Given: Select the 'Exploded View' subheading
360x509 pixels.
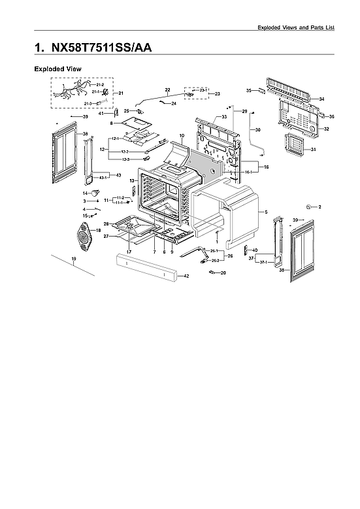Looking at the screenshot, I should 57,69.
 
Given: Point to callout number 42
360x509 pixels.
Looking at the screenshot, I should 186,276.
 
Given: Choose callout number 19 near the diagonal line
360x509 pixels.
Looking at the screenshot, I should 74,260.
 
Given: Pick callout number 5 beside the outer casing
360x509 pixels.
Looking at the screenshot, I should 266,212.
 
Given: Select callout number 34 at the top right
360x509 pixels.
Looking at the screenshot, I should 321,99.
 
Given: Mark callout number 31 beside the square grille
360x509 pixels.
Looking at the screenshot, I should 314,150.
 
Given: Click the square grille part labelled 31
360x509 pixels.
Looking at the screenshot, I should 297,148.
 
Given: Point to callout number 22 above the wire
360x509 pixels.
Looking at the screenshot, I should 167,89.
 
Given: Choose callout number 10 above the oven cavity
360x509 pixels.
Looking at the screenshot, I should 182,135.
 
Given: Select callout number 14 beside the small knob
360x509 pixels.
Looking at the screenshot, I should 84,193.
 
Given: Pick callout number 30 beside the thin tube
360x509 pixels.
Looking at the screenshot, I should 257,130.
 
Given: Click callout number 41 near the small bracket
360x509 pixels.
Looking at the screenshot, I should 101,114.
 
